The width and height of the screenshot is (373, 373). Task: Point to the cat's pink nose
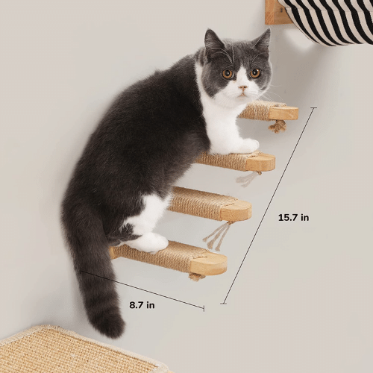coord(242,87)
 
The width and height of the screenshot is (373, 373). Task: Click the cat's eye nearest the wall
coord(228,73)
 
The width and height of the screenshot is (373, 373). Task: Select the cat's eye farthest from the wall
coord(255,73)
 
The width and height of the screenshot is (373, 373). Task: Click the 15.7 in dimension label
coord(293,218)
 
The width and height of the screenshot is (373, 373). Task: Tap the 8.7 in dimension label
coord(141,304)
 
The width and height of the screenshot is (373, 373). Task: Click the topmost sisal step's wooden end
coord(284,113)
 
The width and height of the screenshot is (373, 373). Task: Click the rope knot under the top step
coord(278,127)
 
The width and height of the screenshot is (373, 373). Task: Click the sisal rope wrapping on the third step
coord(195,203)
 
